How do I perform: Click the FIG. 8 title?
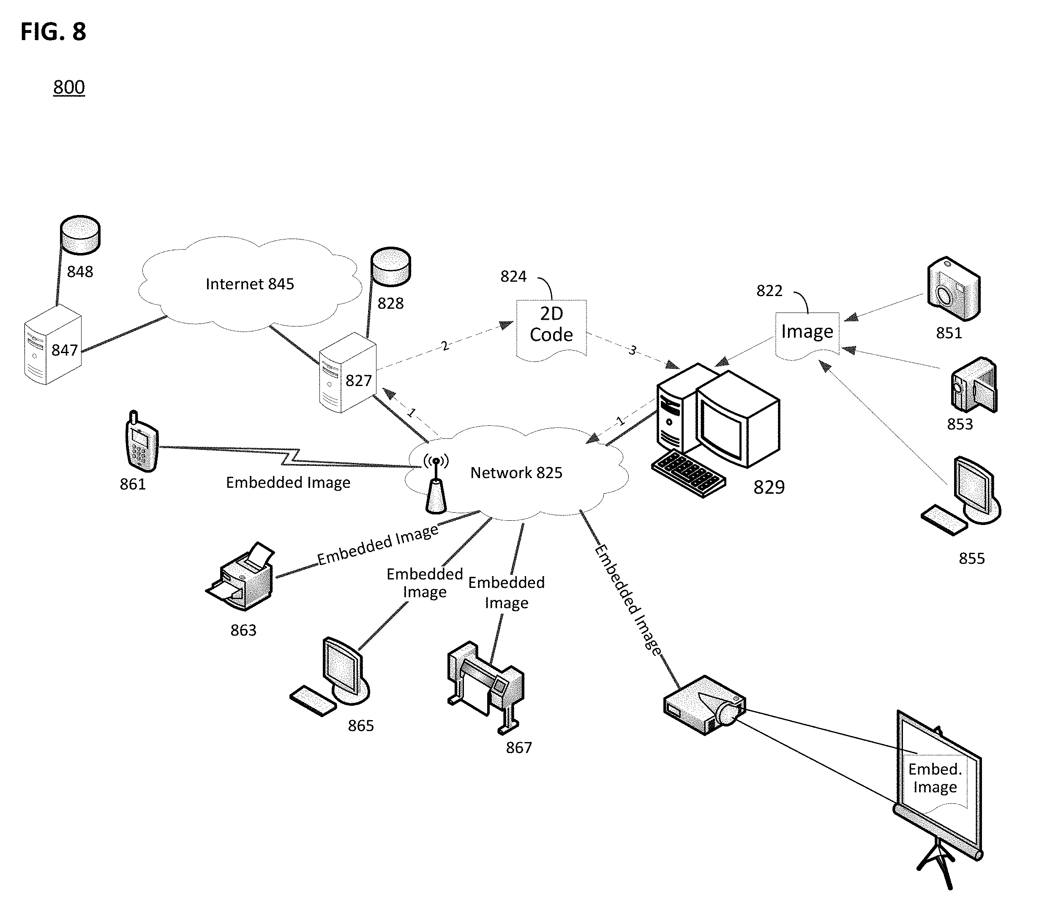coord(53,32)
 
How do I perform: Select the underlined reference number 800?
coord(69,87)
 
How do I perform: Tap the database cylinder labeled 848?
coord(80,235)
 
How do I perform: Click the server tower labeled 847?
coord(53,345)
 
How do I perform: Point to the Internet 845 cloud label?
coord(250,284)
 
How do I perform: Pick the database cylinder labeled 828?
coord(390,267)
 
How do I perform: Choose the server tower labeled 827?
coord(348,373)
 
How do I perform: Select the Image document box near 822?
coord(807,335)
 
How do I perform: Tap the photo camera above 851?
coord(953,289)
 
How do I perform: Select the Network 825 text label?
coord(516,473)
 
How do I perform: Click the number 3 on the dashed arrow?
coord(633,350)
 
